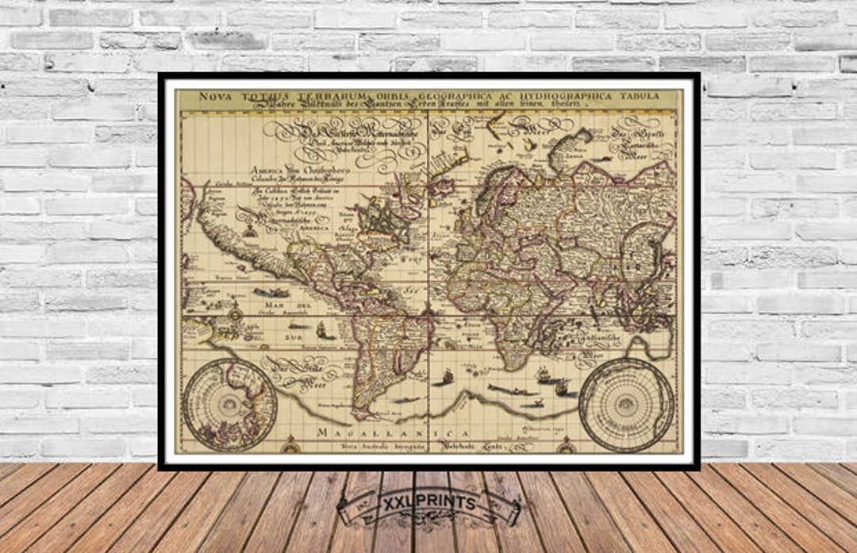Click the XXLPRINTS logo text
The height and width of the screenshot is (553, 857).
pyautogui.click(x=429, y=504)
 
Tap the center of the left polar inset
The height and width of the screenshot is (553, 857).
pyautogui.click(x=229, y=405)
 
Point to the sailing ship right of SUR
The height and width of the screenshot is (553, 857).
pyautogui.click(x=321, y=329)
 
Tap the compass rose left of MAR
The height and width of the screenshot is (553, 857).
pyautogui.click(x=235, y=313)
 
